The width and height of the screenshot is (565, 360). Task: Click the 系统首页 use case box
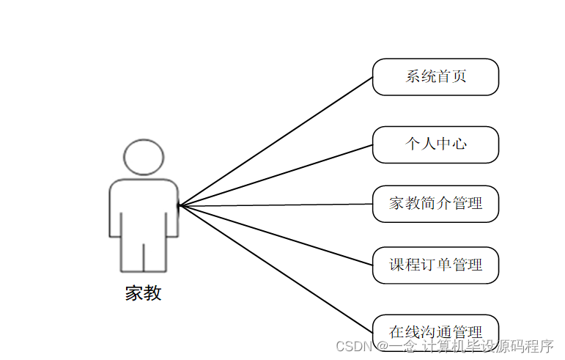pyautogui.click(x=435, y=77)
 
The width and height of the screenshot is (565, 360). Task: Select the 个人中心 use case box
pyautogui.click(x=435, y=144)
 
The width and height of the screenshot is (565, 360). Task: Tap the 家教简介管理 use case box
pyautogui.click(x=435, y=204)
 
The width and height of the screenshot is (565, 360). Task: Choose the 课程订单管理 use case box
pyautogui.click(x=435, y=265)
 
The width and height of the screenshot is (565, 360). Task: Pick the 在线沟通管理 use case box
pyautogui.click(x=435, y=331)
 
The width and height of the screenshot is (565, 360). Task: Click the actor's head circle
pyautogui.click(x=144, y=155)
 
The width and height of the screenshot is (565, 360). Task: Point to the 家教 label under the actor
pyautogui.click(x=143, y=293)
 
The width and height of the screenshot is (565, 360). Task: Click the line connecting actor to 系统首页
pyautogui.click(x=276, y=141)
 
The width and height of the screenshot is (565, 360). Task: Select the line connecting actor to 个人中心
pyautogui.click(x=276, y=175)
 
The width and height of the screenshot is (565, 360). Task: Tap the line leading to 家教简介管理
pyautogui.click(x=276, y=205)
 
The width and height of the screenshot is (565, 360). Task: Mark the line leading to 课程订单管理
pyautogui.click(x=276, y=235)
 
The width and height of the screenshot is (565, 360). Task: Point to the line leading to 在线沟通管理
pyautogui.click(x=276, y=268)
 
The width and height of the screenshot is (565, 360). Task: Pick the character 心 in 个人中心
pyautogui.click(x=459, y=144)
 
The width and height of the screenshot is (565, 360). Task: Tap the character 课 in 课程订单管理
pyautogui.click(x=396, y=265)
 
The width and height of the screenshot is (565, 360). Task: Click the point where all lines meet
pyautogui.click(x=180, y=205)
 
